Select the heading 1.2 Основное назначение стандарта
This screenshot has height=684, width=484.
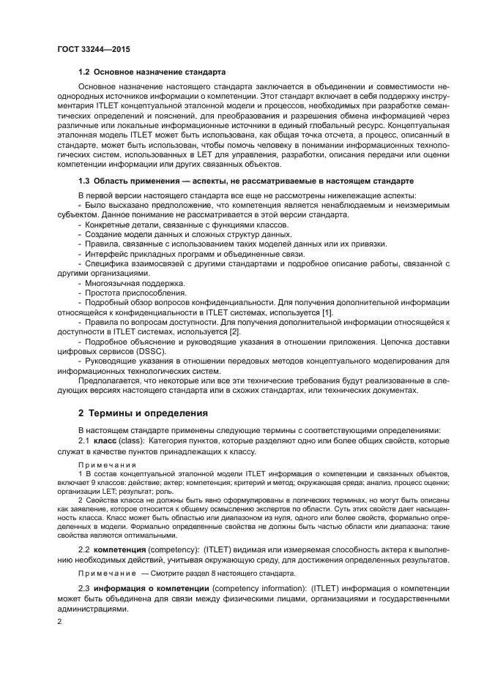(152, 72)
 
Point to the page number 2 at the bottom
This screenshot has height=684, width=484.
(59, 621)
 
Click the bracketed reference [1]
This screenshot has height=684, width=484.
(328, 313)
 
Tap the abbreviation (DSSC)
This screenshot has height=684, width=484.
(149, 351)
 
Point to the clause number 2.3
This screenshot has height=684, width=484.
(83, 589)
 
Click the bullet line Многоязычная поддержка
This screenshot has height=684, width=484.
(124, 282)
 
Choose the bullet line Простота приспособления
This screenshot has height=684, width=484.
(125, 293)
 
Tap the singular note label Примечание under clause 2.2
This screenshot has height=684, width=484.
(105, 573)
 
